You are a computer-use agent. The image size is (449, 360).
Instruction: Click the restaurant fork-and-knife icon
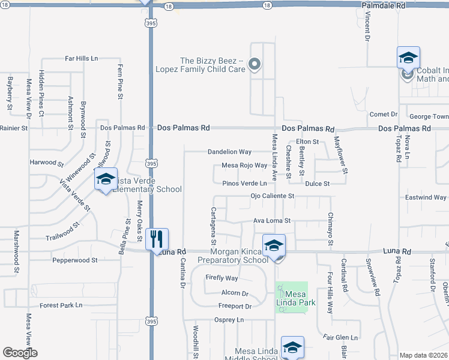[x=157, y=239]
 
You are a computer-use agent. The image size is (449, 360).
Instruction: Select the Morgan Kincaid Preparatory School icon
[x=274, y=245]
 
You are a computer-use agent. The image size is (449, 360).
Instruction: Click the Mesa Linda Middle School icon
[x=292, y=347]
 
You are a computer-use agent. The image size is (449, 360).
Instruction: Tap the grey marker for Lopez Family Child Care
[x=255, y=64]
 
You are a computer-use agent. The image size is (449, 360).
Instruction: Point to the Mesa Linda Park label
[x=292, y=298]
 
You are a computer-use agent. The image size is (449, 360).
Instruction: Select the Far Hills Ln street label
[x=82, y=59]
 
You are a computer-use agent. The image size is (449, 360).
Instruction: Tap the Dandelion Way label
[x=230, y=152]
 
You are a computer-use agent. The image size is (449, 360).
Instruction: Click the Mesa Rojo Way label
[x=244, y=166]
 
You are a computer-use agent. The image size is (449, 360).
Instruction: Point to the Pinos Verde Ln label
[x=244, y=184]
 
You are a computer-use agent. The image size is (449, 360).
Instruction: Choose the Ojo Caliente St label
[x=273, y=196]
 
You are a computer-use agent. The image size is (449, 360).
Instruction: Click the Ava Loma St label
[x=271, y=221]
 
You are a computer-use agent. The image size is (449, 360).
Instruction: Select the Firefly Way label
[x=221, y=278]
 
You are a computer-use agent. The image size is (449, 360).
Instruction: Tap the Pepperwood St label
[x=74, y=260]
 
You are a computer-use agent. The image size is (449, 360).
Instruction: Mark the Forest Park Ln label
[x=61, y=305]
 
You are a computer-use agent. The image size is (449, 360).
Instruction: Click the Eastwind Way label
[x=426, y=197]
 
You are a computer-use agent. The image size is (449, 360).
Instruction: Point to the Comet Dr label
[x=384, y=115]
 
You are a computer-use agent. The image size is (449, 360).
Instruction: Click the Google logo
[x=20, y=353]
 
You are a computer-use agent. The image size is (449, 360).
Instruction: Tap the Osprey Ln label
[x=229, y=320]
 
